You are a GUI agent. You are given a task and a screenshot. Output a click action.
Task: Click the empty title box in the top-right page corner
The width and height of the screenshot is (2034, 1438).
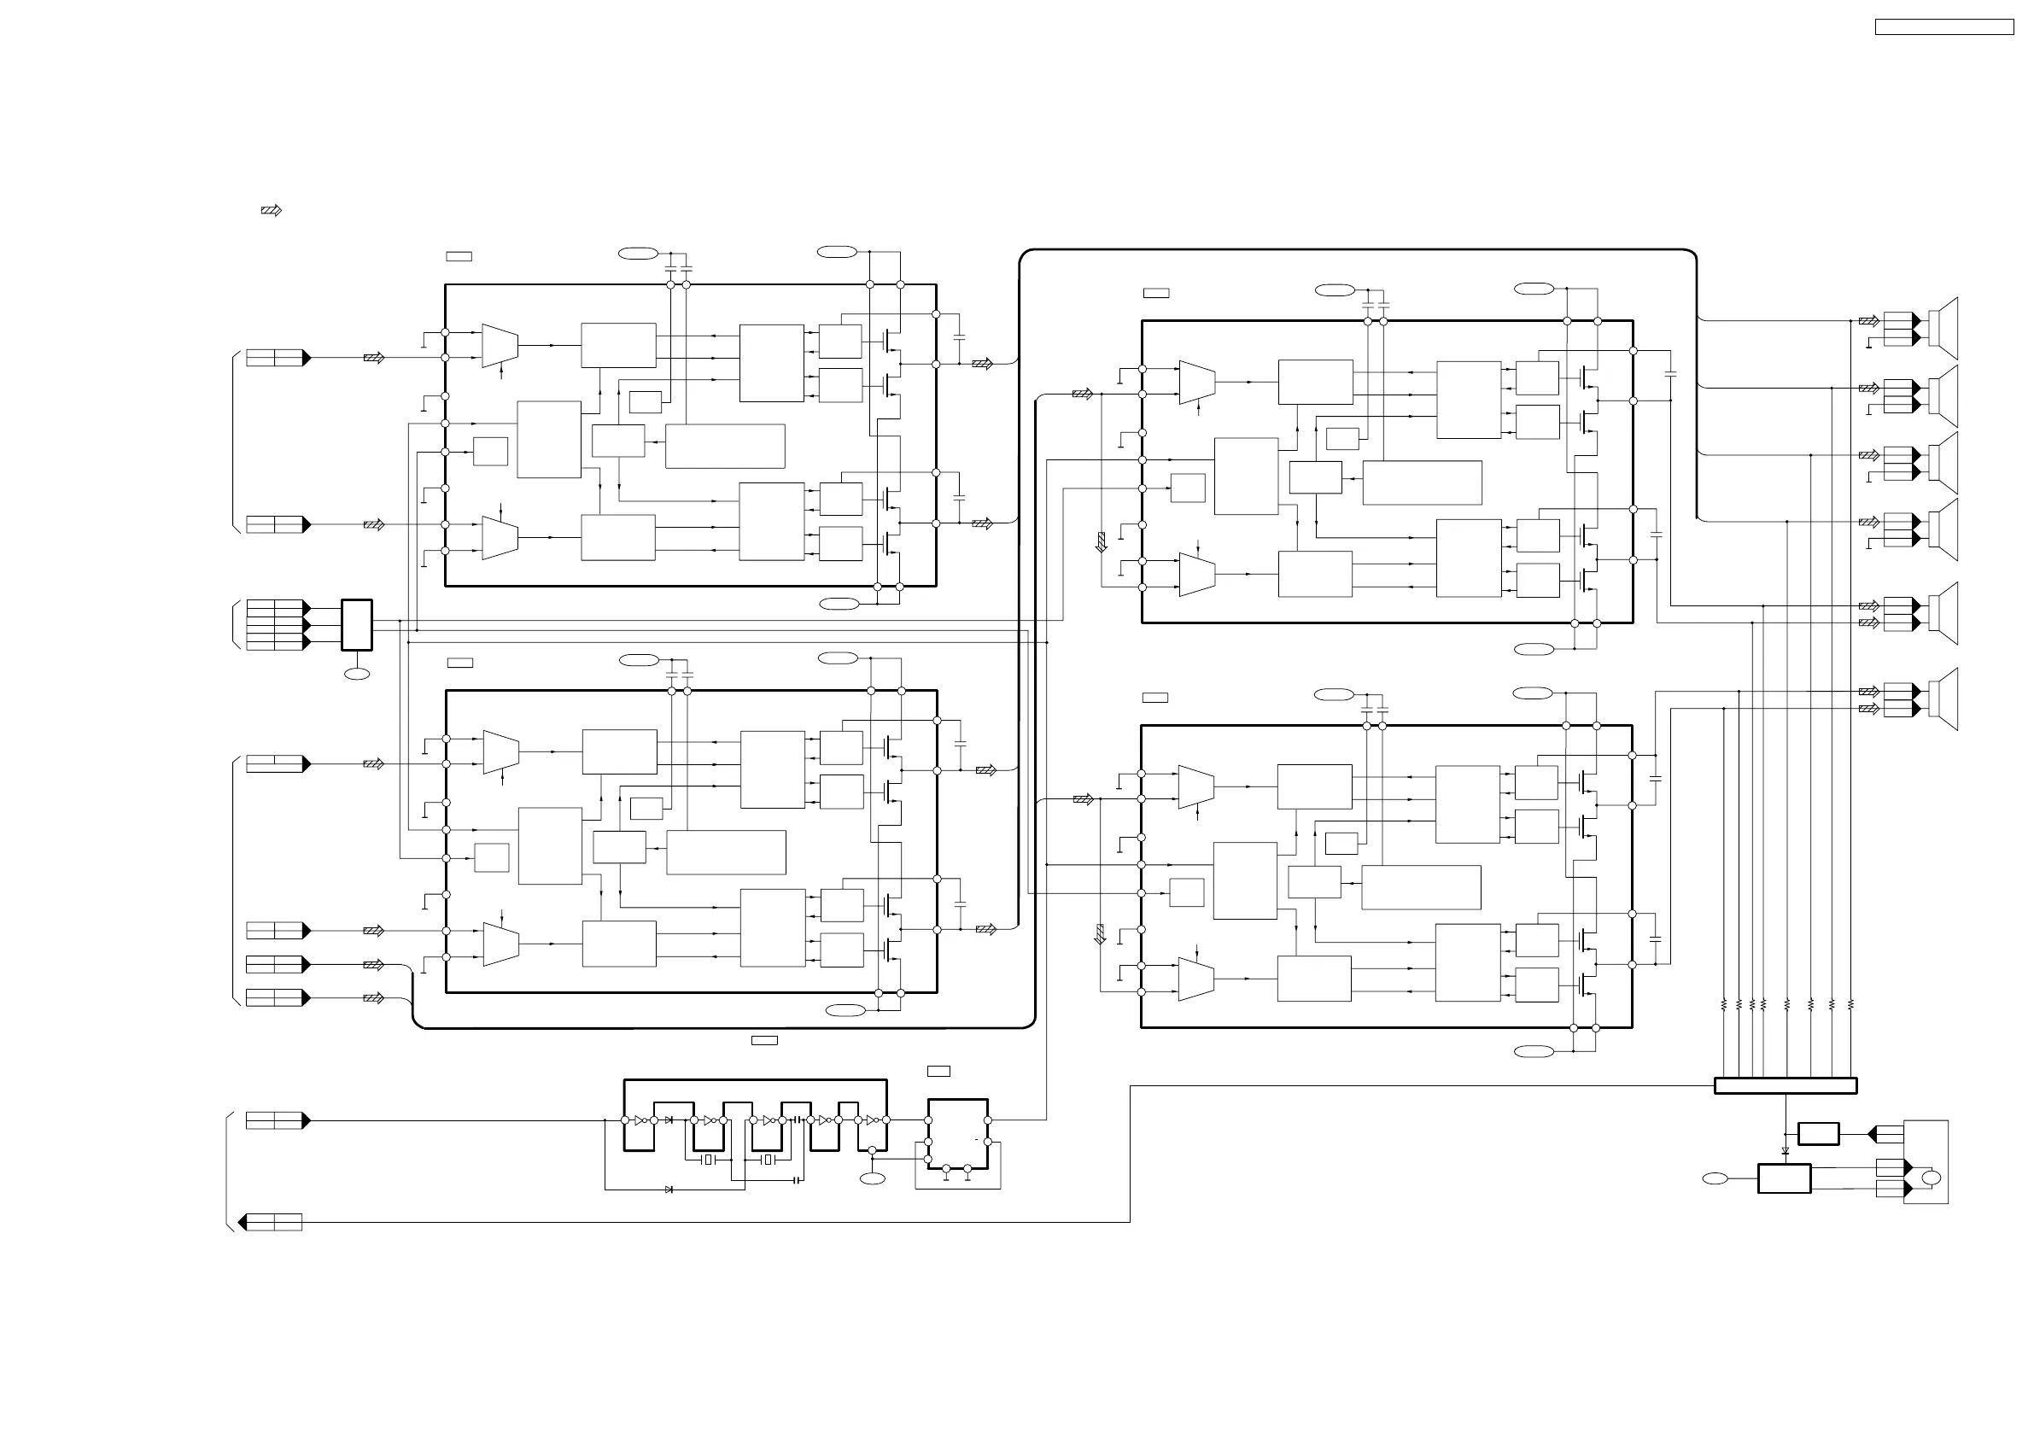click(1943, 27)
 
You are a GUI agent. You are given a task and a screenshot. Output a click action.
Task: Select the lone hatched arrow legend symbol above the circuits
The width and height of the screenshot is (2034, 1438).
click(271, 211)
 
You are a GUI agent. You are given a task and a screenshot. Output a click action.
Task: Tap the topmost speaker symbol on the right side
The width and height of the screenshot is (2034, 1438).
click(1946, 328)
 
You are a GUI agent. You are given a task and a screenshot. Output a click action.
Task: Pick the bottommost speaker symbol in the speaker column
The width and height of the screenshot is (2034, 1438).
click(1946, 699)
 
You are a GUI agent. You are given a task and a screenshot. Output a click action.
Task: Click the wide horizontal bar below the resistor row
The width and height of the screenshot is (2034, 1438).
click(1785, 1085)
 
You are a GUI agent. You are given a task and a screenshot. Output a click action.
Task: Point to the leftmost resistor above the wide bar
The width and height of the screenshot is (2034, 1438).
click(1724, 1005)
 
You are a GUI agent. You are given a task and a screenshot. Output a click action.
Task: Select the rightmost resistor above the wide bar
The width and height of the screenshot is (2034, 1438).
click(1850, 1005)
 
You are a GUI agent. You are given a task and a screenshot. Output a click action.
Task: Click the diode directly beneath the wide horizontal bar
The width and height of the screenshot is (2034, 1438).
click(1785, 1152)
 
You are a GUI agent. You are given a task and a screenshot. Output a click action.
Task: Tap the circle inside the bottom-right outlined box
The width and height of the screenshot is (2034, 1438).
click(1932, 1178)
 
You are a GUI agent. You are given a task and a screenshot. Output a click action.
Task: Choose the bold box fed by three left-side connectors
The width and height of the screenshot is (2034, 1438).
click(356, 624)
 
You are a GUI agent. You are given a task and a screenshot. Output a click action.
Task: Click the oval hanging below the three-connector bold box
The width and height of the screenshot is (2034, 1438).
click(356, 675)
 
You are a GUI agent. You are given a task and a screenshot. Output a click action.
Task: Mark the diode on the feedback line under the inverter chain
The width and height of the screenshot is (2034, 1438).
click(669, 1190)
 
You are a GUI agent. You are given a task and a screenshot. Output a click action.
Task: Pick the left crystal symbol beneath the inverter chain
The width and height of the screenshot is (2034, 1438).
click(707, 1160)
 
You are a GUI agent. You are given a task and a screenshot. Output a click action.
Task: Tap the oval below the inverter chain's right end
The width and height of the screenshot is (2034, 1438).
click(873, 1178)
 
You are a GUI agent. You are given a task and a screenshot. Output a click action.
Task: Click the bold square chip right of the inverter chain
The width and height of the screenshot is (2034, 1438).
click(957, 1134)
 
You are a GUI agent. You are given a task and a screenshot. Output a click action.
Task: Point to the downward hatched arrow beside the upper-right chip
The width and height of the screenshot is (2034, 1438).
click(1102, 541)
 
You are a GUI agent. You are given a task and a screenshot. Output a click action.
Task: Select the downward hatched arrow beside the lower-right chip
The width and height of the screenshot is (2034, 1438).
click(1101, 934)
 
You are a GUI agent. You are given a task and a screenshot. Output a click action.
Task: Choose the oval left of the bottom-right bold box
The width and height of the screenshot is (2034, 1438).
click(1715, 1178)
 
